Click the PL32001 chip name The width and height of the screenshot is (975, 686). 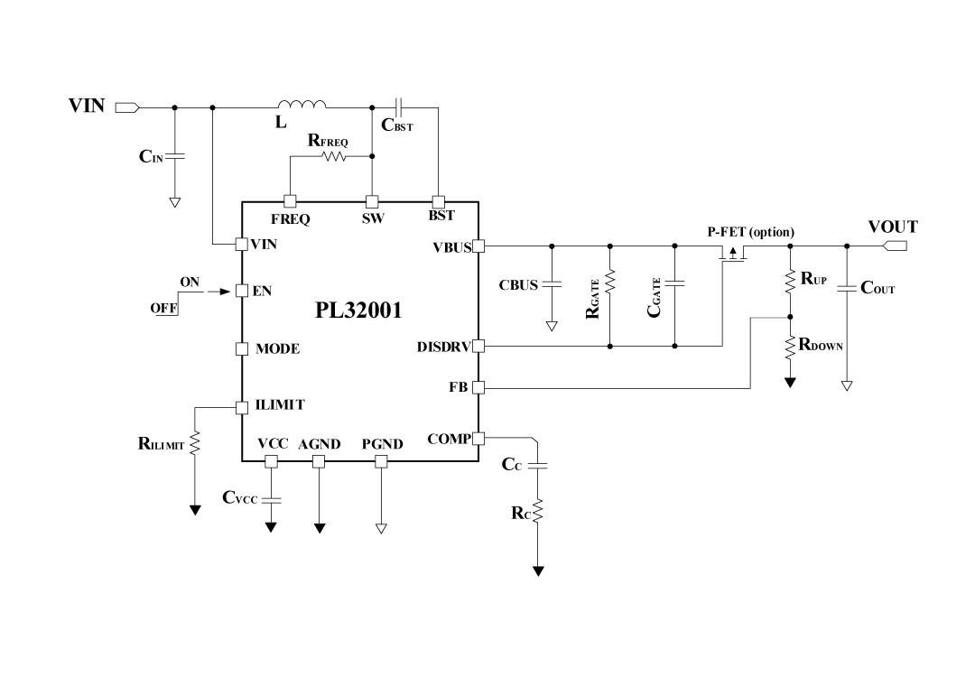[x=358, y=311]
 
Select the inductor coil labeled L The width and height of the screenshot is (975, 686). [x=302, y=104]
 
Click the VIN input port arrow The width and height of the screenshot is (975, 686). [x=127, y=107]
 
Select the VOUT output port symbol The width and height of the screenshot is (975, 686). [x=896, y=245]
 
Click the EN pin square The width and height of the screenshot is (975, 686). [x=241, y=291]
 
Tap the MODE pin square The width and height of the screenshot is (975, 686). [x=241, y=348]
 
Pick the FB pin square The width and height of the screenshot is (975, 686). [x=478, y=387]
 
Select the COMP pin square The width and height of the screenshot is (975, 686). [x=478, y=439]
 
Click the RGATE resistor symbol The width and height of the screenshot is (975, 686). [x=610, y=283]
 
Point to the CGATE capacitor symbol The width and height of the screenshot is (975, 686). [x=674, y=283]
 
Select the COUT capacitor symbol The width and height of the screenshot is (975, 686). [x=847, y=289]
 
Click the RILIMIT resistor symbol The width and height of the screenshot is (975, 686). [x=195, y=443]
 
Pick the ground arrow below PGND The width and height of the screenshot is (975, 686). [x=381, y=528]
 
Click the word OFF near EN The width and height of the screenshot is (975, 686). [x=163, y=309]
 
